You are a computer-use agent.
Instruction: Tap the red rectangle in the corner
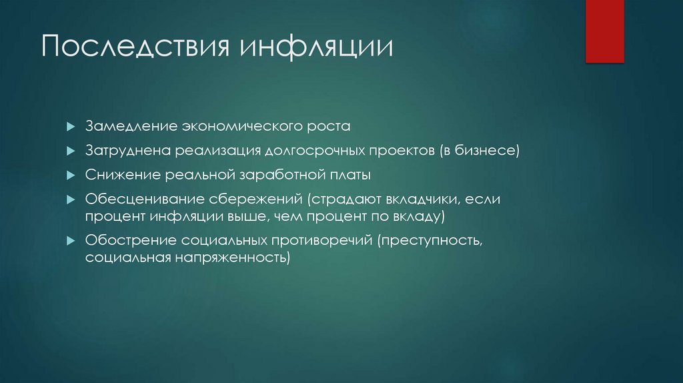[x=604, y=31]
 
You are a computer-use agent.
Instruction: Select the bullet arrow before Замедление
[x=71, y=127]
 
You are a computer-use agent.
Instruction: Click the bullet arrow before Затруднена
[x=71, y=151]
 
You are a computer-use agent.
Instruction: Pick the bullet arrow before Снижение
[x=71, y=175]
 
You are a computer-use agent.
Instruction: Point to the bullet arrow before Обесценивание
[x=71, y=200]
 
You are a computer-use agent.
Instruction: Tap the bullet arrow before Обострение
[x=71, y=240]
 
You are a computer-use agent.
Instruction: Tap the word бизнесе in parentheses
[x=486, y=151]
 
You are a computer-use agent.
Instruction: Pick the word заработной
[x=279, y=175]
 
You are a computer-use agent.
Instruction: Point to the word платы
[x=348, y=175]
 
